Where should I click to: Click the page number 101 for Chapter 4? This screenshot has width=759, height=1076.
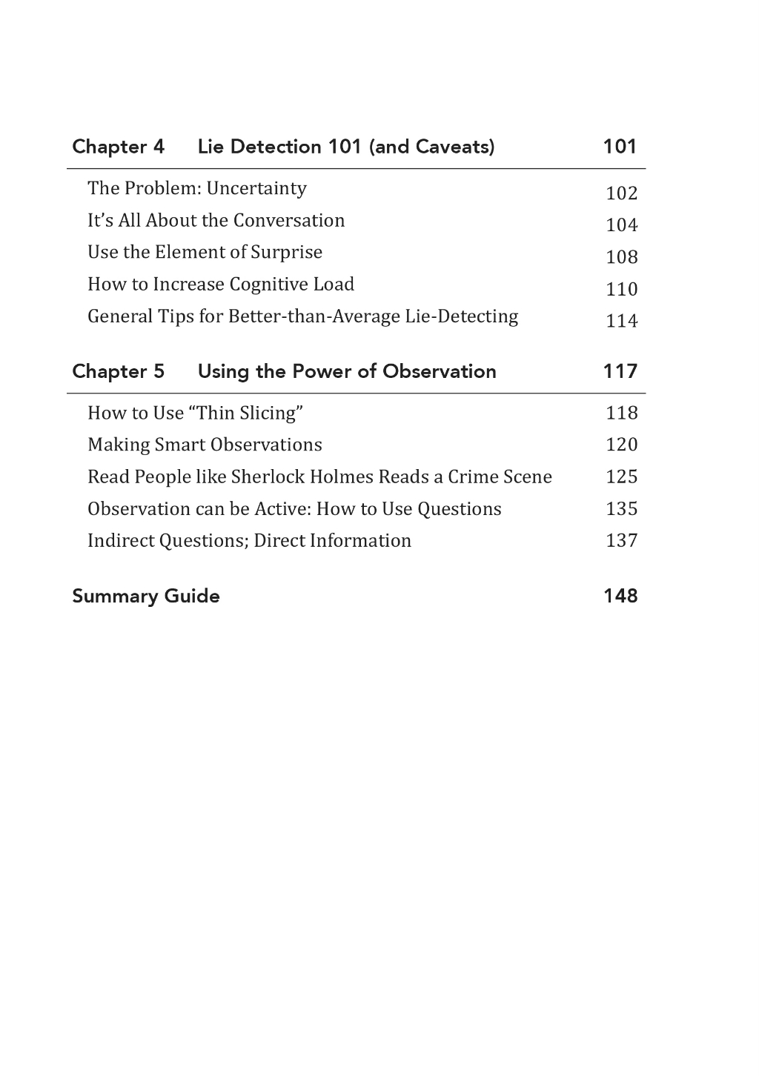(x=620, y=147)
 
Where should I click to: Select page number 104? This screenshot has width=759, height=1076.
(x=621, y=225)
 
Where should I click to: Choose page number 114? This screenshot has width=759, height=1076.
(x=621, y=321)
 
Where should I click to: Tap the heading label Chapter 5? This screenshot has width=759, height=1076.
(x=118, y=371)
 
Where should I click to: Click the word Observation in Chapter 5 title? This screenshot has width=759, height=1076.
(x=439, y=371)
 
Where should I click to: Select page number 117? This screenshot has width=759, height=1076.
(x=620, y=371)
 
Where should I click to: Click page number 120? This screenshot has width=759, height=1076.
(x=621, y=445)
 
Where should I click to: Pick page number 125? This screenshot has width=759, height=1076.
(x=621, y=476)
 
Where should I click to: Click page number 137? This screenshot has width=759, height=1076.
(x=621, y=541)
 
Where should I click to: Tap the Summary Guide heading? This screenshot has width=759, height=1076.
(x=146, y=597)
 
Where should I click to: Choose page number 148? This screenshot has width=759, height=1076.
(x=620, y=597)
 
